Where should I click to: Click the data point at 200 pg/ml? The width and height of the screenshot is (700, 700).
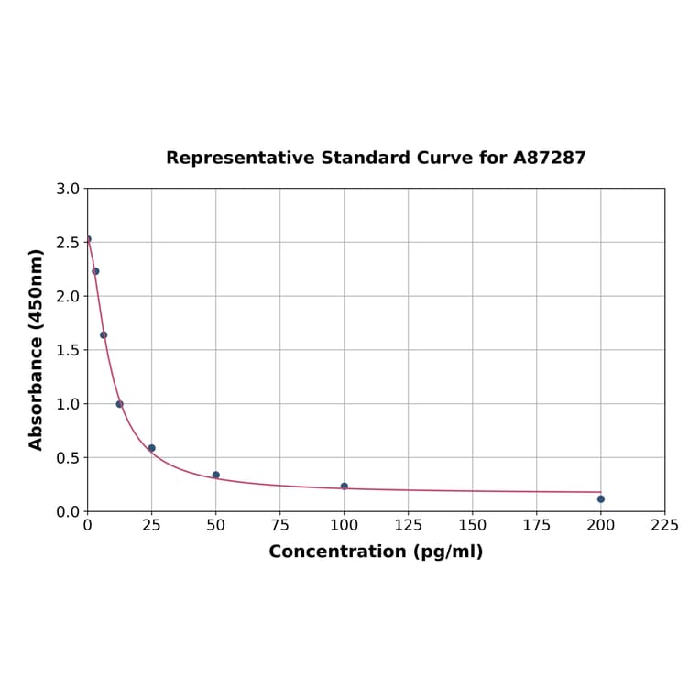coord(601,498)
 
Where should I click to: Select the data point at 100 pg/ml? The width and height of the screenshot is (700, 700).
coord(345,487)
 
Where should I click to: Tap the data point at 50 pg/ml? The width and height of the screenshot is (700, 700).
coord(216,475)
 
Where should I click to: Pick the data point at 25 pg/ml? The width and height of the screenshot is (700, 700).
coord(152,448)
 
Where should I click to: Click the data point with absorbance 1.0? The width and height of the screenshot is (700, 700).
coord(119,404)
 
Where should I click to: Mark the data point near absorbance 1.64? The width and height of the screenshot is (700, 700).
coord(104,334)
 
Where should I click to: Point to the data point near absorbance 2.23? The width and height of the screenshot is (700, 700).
coord(95,271)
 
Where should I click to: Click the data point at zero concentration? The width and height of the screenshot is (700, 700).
coord(88,239)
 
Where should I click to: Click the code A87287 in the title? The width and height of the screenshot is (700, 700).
coord(549,158)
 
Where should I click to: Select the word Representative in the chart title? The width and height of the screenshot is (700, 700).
coord(240,158)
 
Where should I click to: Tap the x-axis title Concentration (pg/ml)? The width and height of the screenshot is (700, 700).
coord(376,552)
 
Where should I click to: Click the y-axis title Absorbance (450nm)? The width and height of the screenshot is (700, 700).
coord(37,349)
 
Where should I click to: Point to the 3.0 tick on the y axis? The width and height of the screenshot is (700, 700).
coord(68,189)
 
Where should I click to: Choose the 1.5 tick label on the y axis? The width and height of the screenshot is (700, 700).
coord(68,350)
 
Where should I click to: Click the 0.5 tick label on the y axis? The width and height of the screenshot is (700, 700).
coord(68,457)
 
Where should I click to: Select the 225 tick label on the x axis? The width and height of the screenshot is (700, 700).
coord(665,525)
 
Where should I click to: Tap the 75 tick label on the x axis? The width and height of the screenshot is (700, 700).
coord(280,525)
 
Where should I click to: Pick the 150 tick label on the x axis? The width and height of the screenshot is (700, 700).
coord(473,525)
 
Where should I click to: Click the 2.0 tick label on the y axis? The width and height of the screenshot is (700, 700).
coord(68,296)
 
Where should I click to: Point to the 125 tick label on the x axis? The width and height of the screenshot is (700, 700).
coord(409,525)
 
